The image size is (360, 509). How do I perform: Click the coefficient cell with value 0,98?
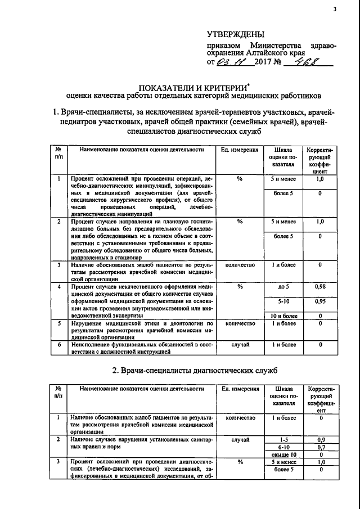[x=319, y=287]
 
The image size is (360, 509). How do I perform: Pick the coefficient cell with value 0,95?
[x=319, y=301]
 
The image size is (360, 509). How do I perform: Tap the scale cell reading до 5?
[x=283, y=287]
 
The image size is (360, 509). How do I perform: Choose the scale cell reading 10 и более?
[x=283, y=316]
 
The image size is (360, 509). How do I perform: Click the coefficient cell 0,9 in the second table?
[x=319, y=439]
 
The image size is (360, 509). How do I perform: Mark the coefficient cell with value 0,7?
[x=319, y=447]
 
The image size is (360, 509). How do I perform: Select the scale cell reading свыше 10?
[x=283, y=454]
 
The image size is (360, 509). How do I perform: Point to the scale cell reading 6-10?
[x=283, y=447]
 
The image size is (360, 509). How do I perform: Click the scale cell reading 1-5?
[x=283, y=439]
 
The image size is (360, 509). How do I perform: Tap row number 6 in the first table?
[x=59, y=344]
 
